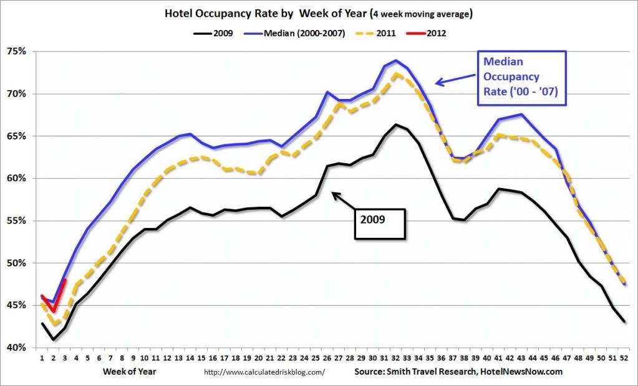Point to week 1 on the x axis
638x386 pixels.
pyautogui.click(x=42, y=358)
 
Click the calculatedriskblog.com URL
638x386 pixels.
pyautogui.click(x=265, y=372)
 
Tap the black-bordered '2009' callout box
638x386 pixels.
pyautogui.click(x=380, y=220)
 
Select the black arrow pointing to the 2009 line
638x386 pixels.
pyautogui.click(x=343, y=200)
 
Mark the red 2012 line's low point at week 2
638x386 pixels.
pyautogui.click(x=54, y=311)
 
